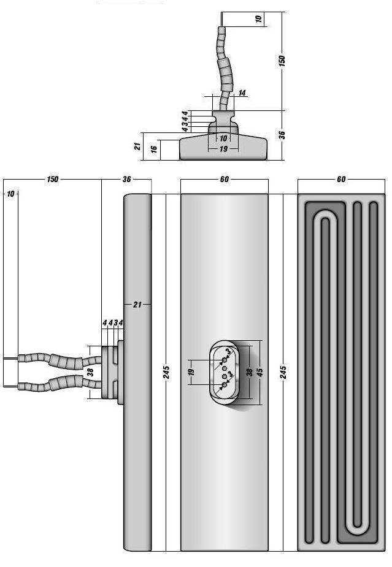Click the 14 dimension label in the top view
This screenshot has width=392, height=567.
(242, 93)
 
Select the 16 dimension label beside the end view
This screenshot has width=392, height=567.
(155, 148)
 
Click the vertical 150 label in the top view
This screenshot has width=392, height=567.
(282, 61)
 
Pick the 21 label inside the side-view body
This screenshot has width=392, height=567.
(137, 304)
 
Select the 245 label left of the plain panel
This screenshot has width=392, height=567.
(167, 372)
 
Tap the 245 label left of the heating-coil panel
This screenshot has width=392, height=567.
(283, 372)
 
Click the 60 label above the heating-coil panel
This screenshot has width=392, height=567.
(341, 180)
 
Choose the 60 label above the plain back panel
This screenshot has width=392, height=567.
(224, 180)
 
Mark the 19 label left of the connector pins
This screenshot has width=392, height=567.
(191, 372)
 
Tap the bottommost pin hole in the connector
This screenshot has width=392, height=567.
(225, 386)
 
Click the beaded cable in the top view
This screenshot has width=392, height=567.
(224, 61)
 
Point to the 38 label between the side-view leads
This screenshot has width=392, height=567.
(90, 371)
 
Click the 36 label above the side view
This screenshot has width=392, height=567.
(127, 180)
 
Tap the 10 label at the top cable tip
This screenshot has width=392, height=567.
(259, 19)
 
